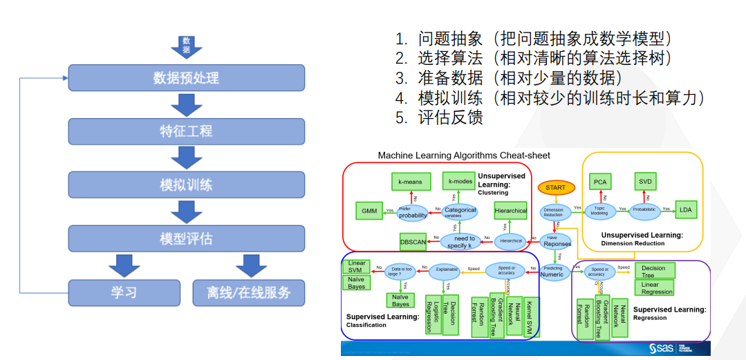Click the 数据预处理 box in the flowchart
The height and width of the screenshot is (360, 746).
[186, 77]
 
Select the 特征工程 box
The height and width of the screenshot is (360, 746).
[186, 131]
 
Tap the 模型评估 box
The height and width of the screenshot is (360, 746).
[186, 239]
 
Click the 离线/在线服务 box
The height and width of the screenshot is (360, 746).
[249, 292]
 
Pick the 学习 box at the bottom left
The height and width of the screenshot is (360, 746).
[124, 292]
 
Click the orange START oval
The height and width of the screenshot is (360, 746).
[555, 187]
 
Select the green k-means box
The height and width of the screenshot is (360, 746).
[411, 182]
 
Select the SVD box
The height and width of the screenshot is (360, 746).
[645, 182]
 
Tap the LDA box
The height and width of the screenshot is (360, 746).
[685, 209]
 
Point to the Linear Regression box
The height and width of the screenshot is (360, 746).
[657, 288]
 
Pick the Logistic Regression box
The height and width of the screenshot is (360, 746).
[433, 315]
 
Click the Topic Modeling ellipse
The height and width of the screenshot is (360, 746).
[599, 210]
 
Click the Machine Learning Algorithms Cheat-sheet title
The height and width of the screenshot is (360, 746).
[464, 155]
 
